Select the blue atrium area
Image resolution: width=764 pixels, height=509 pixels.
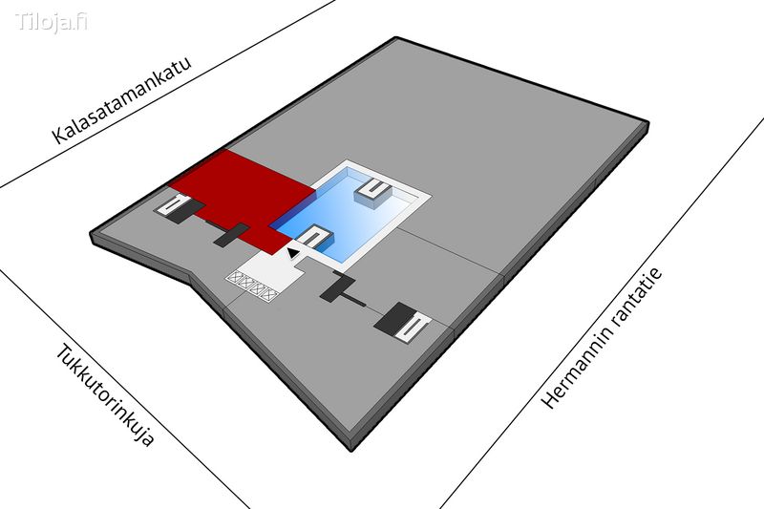353,215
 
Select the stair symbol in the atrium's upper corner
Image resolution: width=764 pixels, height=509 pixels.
375,190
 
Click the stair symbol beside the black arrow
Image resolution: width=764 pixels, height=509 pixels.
314,238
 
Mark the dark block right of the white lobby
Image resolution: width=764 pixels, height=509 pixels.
336,286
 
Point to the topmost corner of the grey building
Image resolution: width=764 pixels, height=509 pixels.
396,38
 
